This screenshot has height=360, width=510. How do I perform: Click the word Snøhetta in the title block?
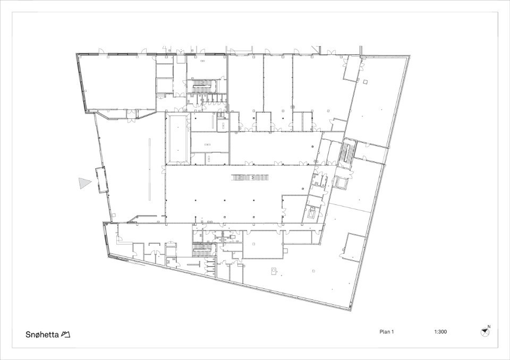click(x=42, y=335)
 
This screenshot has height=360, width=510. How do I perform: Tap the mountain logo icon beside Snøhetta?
click(x=66, y=335)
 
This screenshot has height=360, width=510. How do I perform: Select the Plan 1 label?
click(x=386, y=332)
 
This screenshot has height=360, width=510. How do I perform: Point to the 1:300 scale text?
click(x=440, y=332)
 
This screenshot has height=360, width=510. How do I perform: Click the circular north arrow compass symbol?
click(x=484, y=332)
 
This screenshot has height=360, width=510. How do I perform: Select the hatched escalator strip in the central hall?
click(x=250, y=177)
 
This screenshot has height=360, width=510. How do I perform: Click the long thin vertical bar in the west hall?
click(x=150, y=169)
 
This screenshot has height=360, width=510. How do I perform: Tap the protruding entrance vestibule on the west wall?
click(x=101, y=180)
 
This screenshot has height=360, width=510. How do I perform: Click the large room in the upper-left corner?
click(x=117, y=83)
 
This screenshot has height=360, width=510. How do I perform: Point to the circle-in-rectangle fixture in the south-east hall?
click(x=275, y=271)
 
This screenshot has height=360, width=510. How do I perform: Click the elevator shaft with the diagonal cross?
click(x=313, y=213)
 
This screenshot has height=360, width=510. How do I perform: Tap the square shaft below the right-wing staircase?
click(x=342, y=183)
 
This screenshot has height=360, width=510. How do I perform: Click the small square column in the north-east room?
click(x=366, y=82)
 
